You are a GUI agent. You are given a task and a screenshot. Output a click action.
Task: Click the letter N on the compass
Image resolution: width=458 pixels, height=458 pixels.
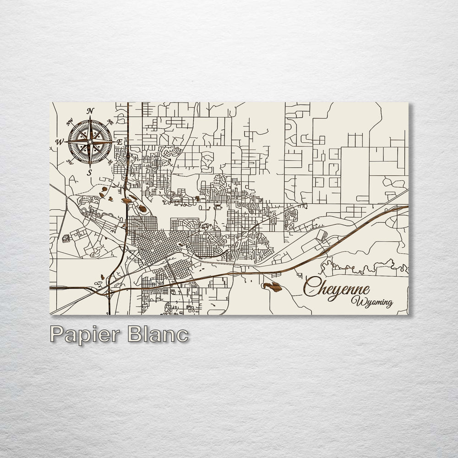coord(90,111)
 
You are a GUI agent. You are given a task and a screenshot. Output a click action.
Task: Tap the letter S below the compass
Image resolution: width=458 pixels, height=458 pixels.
coord(90,172)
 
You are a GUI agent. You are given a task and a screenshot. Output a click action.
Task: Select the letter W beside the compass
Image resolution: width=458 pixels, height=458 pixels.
coord(60,142)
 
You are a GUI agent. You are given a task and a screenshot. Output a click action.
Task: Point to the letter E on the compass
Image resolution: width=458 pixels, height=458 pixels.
coord(120,142)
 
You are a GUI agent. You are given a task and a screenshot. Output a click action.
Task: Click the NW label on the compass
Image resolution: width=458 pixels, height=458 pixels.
coord(70,122)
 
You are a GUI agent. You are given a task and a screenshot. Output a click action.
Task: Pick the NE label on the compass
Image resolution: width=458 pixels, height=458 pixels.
coord(110,122)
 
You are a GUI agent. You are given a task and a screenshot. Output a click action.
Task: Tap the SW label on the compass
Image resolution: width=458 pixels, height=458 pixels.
coord(70,161)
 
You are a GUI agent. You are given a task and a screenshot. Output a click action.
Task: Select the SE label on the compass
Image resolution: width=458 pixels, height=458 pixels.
coord(110,162)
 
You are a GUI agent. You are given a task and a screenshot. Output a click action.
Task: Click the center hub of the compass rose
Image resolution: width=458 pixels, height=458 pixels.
coord(90,142)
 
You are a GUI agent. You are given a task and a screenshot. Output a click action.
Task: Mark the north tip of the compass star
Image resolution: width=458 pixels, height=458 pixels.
coord(90,117)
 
